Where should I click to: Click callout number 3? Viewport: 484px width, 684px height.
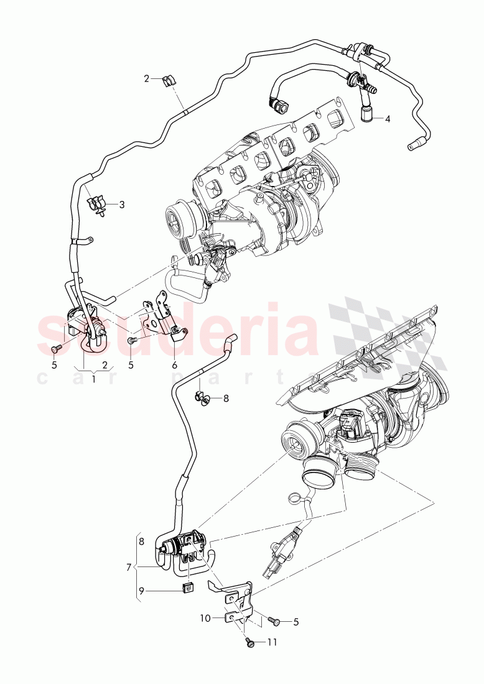click(121, 205)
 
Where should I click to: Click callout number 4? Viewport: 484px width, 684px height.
click(387, 118)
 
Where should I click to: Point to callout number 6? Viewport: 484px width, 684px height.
click(175, 365)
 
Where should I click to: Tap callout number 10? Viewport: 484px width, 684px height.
click(206, 618)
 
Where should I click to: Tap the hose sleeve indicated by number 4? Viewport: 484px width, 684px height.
click(368, 114)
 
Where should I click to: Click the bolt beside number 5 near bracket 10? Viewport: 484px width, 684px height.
click(274, 621)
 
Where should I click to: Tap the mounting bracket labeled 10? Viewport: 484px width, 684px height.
click(235, 597)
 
